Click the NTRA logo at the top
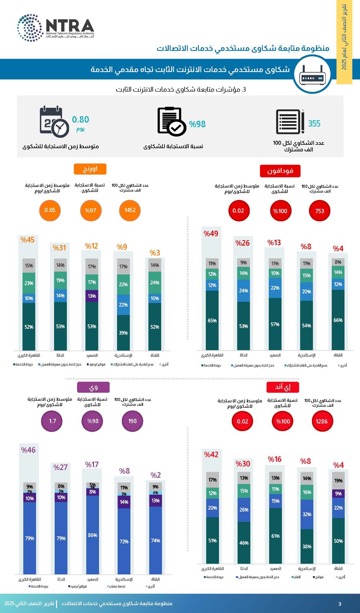(56, 28)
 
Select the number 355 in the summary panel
(314, 123)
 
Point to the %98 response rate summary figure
(197, 124)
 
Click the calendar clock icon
(54, 121)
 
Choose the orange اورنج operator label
(90, 169)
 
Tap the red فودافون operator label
(280, 171)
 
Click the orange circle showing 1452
(130, 210)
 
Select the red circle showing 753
(320, 211)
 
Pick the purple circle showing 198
(132, 421)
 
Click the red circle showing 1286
(322, 421)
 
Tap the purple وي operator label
(93, 387)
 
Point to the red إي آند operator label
(283, 387)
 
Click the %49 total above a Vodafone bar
(211, 234)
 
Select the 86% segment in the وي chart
(92, 535)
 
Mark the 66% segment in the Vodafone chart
(338, 320)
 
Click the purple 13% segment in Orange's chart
(92, 296)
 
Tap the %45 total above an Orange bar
(28, 240)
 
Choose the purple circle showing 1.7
(53, 421)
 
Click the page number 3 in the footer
(340, 604)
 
